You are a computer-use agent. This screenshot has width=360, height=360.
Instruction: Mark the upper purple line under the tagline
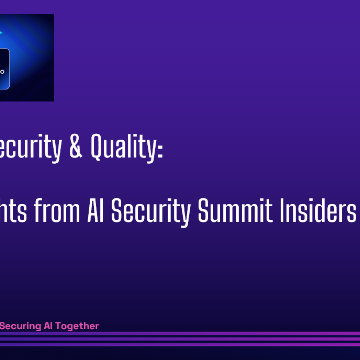[x=180, y=334]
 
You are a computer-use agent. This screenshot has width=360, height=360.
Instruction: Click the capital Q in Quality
[x=102, y=150]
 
